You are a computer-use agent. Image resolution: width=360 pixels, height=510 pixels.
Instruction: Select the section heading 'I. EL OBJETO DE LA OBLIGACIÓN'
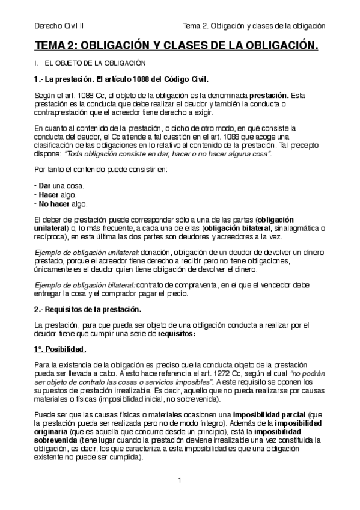point(90,63)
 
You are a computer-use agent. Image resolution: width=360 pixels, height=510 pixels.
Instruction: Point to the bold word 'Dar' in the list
point(43,185)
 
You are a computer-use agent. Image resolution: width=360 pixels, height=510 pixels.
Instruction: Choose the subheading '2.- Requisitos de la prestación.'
point(88,309)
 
